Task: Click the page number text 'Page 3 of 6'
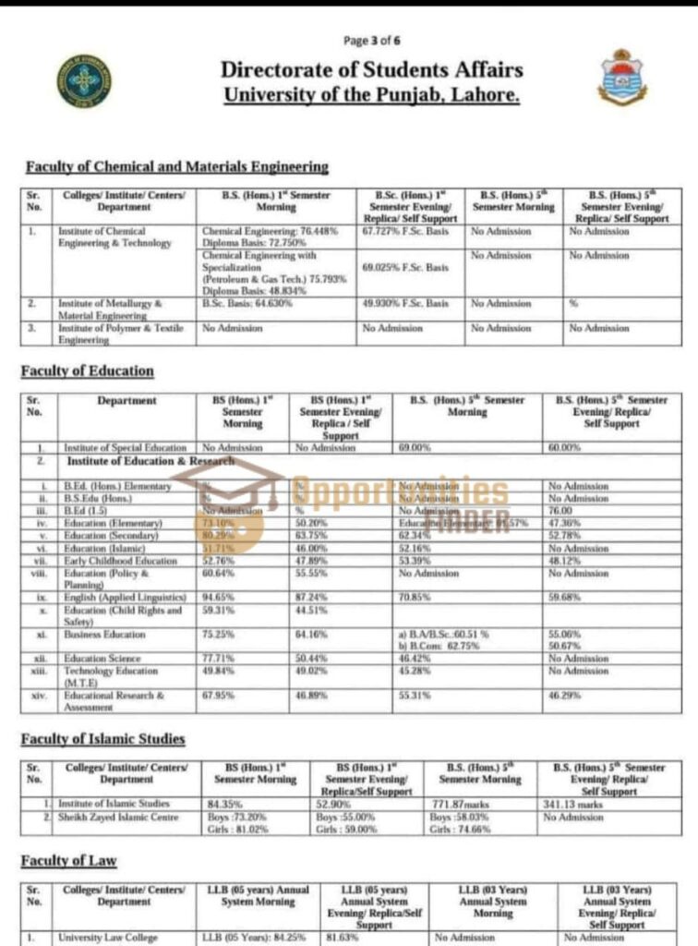[371, 41]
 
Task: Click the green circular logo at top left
[83, 80]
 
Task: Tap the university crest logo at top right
[623, 78]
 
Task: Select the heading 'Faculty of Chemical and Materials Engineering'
[177, 167]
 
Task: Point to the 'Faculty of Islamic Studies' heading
[103, 739]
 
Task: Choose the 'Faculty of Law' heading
[69, 861]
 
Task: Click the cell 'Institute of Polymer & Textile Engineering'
[120, 334]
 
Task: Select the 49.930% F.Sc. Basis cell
[405, 302]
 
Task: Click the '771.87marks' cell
[459, 804]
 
